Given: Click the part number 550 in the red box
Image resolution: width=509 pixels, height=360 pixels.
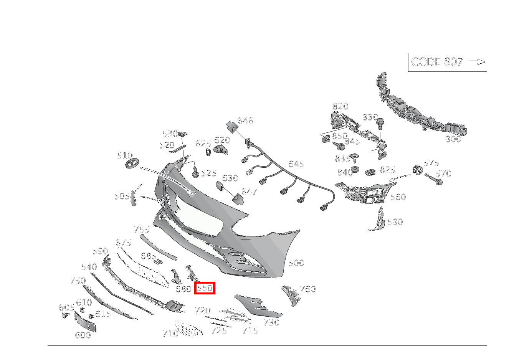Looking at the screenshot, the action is coord(205,288).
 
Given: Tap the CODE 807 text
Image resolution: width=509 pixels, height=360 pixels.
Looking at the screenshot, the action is coord(437,62).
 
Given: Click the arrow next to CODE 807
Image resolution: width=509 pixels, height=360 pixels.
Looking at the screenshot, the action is coord(477,62).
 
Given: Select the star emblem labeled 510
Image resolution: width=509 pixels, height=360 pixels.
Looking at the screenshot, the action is coord(133,163).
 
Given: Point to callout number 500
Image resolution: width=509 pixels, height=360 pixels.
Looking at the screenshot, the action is coord(296,263).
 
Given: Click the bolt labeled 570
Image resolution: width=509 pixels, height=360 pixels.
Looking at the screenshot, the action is coord(433,179).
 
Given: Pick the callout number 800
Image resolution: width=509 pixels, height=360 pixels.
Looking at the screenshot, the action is coord(453,139).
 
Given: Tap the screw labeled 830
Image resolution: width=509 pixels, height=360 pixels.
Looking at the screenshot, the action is coord(380,124).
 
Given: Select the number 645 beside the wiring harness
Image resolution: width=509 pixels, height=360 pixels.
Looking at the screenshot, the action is coord(296,164).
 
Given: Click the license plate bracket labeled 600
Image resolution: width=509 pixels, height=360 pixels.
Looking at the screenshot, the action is coord(85,322).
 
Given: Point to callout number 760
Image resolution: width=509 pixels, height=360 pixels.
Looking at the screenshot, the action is coord(307,289).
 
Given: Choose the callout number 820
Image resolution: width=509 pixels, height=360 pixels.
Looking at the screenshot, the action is coord(340,106).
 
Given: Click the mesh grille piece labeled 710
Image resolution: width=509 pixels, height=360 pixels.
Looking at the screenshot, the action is coord(188,329).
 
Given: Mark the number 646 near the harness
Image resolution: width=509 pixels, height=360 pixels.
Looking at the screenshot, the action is coord(245,121).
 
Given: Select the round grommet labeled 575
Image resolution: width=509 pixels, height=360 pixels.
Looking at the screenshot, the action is coord(417,170).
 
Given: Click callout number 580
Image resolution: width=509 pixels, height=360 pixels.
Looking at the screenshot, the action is coord(395,222).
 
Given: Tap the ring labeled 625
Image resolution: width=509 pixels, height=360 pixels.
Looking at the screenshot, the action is coord(209,152).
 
